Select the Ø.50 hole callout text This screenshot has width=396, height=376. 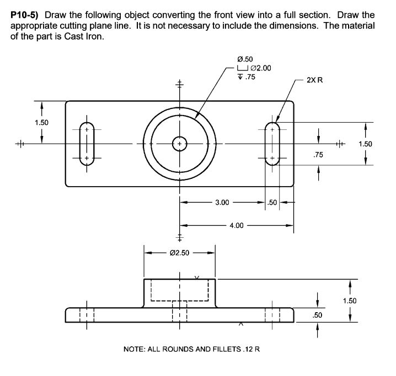click(244, 59)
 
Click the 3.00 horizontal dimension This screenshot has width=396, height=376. click(222, 203)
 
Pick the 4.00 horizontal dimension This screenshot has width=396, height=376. click(236, 225)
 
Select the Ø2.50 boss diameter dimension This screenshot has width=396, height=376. click(179, 253)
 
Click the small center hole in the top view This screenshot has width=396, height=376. click(179, 144)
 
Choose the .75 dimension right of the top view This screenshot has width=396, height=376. click(318, 155)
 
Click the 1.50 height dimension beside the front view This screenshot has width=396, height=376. click(350, 301)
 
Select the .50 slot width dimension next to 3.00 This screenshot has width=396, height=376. click(272, 203)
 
